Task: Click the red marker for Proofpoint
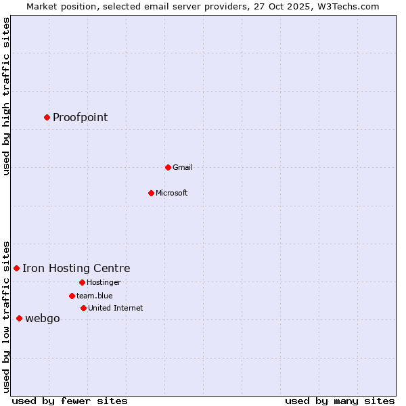47,117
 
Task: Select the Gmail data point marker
168,167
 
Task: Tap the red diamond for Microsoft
151,193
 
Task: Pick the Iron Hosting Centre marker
16,269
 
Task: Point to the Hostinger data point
82,282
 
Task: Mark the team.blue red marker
72,296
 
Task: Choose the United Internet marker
83,308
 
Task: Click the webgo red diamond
19,319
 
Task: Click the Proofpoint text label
80,118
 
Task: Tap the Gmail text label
182,167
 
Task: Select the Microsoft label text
171,193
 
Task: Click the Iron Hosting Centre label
76,269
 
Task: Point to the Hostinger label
104,282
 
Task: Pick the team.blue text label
94,296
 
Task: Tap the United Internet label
115,308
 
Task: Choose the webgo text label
42,319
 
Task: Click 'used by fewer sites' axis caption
70,401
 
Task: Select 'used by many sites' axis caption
340,401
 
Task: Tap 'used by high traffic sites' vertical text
7,96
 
